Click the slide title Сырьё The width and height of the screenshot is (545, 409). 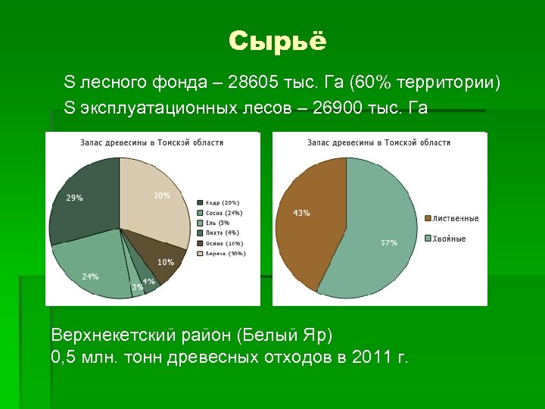[x=277, y=41]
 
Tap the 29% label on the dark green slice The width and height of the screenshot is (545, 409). [x=74, y=198]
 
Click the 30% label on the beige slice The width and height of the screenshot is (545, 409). [x=161, y=195]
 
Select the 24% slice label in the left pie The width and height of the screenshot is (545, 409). [x=90, y=276]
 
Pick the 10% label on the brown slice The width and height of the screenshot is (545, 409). [x=165, y=262]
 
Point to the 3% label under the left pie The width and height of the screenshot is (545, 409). [x=137, y=287]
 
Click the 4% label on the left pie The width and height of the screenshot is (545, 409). [x=149, y=281]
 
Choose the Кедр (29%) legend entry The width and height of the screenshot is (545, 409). [x=222, y=203]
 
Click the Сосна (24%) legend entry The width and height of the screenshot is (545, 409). [x=223, y=213]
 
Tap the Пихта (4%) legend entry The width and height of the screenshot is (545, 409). [x=222, y=233]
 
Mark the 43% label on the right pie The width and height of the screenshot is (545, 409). [x=301, y=213]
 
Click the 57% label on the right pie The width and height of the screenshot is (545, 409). [x=388, y=243]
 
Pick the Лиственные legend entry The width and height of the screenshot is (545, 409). [x=456, y=219]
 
